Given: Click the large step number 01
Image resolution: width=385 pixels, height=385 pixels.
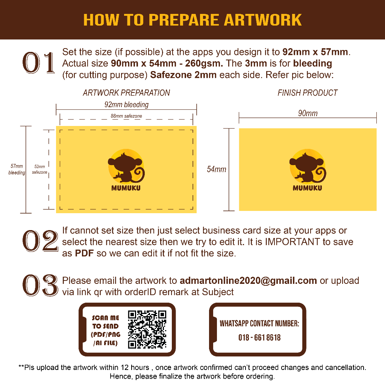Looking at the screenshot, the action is coord(39,63).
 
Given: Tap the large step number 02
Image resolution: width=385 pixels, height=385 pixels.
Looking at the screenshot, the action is coord(40,241).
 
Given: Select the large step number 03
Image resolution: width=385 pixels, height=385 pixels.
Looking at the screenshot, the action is coord(40,285).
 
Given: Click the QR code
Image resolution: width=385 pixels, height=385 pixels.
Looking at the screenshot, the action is coord(147,329).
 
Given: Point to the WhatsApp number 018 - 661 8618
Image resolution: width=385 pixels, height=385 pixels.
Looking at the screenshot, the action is coord(259,337).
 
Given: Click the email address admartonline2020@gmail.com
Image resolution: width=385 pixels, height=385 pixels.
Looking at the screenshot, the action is coord(248,280).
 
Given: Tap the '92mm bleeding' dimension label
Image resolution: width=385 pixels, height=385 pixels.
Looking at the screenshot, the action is coord(126,105).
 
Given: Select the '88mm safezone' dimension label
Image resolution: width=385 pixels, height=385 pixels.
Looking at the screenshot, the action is coord(126,116).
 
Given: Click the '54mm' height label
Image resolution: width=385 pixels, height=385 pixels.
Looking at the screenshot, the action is coord(216,169).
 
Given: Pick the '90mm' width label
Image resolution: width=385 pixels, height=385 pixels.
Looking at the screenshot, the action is coord(308,113).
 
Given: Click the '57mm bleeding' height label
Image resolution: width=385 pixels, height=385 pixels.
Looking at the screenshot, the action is coord(17,170).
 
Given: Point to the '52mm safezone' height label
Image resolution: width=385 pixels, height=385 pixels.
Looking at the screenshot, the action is coord(39,170).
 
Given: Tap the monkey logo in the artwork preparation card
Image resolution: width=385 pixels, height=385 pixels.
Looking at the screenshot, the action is coord(126,166).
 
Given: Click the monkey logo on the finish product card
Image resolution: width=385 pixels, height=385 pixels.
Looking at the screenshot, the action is coord(308,166).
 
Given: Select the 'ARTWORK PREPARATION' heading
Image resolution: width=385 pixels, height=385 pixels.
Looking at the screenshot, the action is coord(126,93).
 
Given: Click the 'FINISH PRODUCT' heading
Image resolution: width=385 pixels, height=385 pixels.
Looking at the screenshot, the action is coord(308,93).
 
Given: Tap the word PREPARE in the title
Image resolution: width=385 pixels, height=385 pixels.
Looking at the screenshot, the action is coord(183,20).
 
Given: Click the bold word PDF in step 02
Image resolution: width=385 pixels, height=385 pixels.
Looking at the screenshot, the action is coord(84,253).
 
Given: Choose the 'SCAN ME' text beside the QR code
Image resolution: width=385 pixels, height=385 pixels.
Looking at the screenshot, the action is coord(106,318).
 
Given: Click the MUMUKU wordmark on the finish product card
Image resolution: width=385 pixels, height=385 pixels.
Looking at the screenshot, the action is coord(308,188).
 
